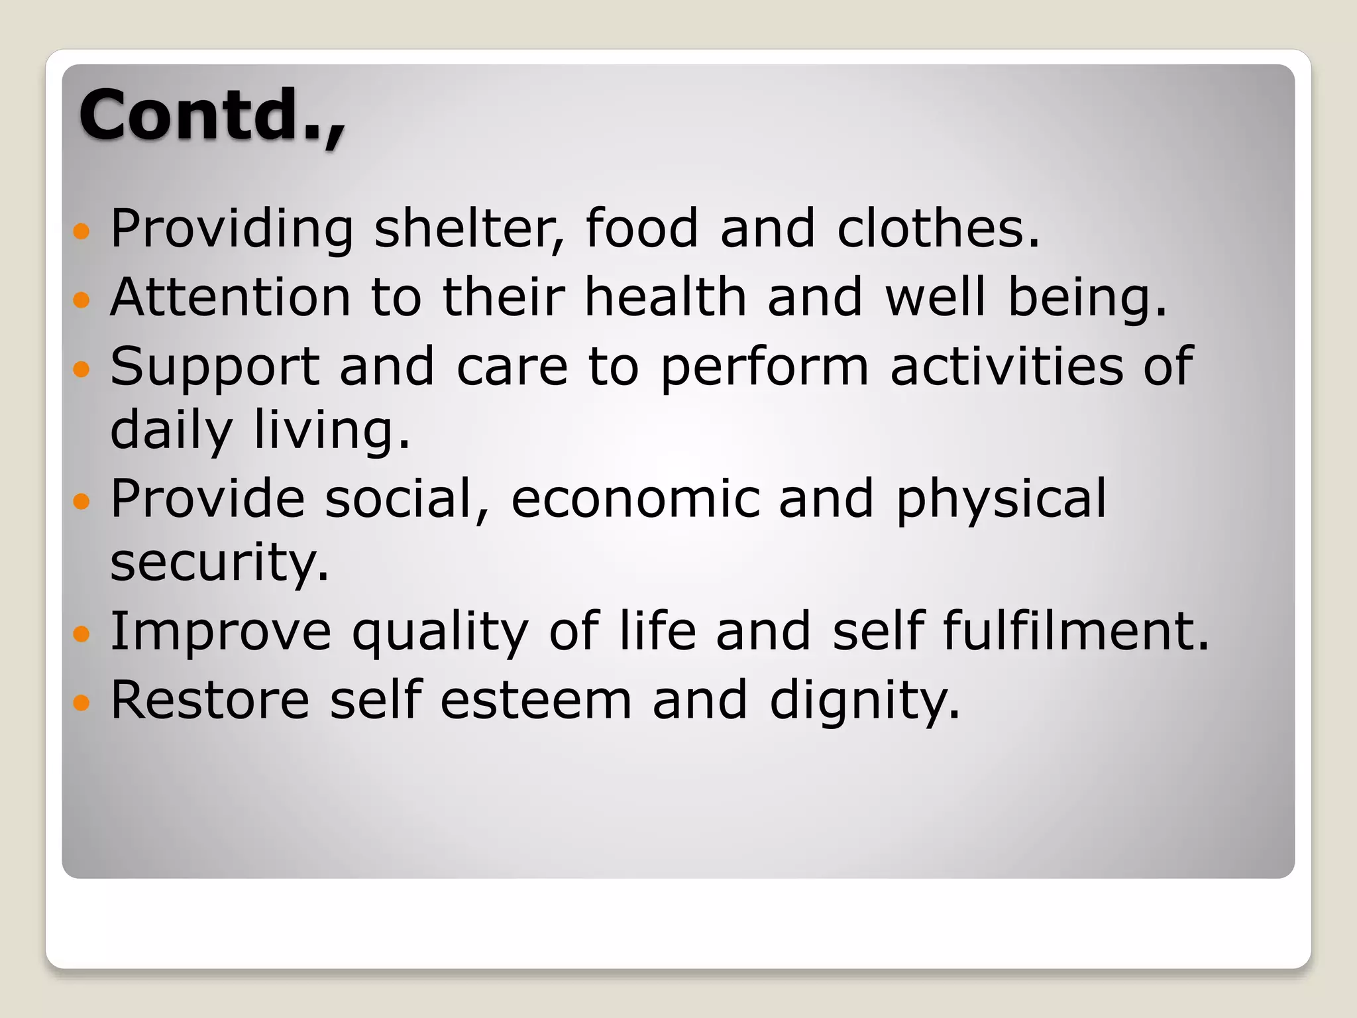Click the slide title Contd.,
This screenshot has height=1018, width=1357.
coord(212,115)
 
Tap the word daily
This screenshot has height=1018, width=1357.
coord(171,431)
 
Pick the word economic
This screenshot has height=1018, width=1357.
coord(635,498)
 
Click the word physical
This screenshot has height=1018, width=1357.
coord(1001,498)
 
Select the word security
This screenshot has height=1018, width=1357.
coord(219,562)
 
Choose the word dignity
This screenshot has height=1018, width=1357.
coord(864,701)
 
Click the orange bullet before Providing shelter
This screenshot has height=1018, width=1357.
coord(81,231)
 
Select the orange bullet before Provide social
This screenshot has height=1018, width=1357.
coord(81,501)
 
